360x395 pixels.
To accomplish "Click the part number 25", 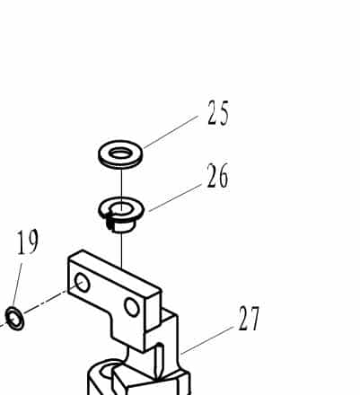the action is tap(218, 112).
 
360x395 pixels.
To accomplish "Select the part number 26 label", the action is tap(217, 176).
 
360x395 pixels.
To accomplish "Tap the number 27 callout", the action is tap(249, 319).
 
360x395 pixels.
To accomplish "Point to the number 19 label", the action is tap(28, 241).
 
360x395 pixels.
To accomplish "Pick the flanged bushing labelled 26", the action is tap(121, 215).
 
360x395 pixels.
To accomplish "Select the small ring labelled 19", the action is tap(14, 319).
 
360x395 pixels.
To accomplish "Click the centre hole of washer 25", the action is tap(120, 154).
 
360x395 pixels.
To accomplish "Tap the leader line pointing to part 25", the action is tap(171, 132).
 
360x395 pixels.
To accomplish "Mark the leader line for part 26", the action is tap(175, 197).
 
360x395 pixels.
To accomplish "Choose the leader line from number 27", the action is tap(207, 340).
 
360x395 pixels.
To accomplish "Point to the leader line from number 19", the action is tap(17, 285).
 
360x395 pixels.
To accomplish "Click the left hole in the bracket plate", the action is tap(82, 283).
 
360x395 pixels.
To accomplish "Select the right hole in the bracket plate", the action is tap(132, 307).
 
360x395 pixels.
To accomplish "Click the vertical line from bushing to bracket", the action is tap(122, 250).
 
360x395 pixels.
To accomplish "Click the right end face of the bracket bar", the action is tap(154, 310).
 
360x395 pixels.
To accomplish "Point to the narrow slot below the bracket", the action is tap(159, 360).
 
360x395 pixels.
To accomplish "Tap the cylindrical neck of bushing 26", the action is tap(121, 225).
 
